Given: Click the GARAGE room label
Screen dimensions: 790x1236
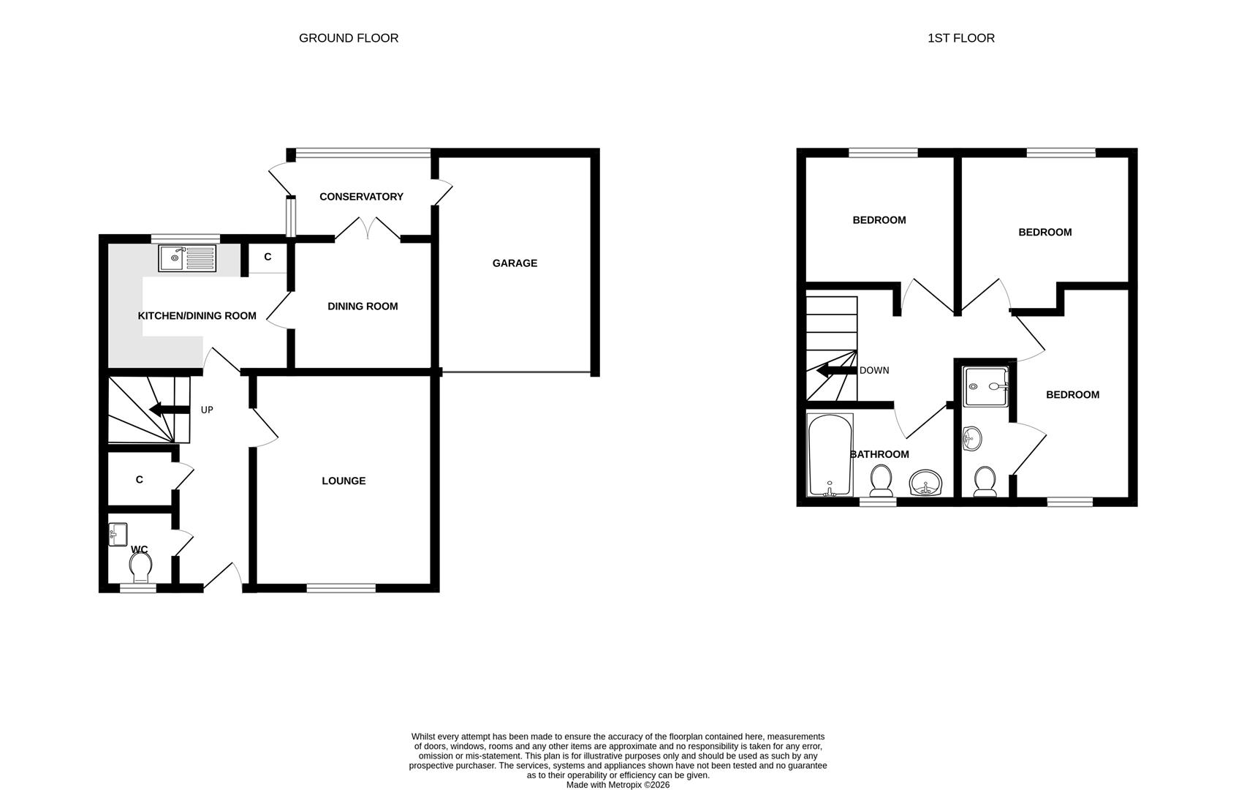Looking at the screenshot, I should click(x=515, y=263).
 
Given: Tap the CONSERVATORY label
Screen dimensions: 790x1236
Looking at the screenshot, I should click(x=361, y=197).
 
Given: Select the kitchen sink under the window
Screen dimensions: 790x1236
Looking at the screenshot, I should click(x=188, y=258).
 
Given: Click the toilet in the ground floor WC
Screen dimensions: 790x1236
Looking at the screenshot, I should click(x=140, y=565).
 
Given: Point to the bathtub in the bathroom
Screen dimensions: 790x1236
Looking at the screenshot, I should click(x=830, y=455).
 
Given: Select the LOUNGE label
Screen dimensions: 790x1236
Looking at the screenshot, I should click(x=344, y=481).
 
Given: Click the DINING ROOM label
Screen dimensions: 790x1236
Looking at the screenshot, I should click(x=363, y=306).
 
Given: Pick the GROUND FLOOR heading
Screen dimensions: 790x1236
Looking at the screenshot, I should click(x=349, y=38).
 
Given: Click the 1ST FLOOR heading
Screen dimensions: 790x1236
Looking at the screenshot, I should click(x=960, y=38).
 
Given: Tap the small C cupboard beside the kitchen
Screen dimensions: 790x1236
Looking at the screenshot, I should click(x=268, y=257).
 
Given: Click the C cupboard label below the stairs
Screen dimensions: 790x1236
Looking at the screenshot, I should click(x=139, y=480).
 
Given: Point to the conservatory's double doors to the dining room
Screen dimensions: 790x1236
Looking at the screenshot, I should click(x=368, y=228).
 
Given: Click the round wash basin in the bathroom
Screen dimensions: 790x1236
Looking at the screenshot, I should click(x=927, y=484).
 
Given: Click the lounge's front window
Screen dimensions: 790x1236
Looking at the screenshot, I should click(x=341, y=587).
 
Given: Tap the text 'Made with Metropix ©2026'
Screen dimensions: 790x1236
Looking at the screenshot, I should click(x=618, y=785).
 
